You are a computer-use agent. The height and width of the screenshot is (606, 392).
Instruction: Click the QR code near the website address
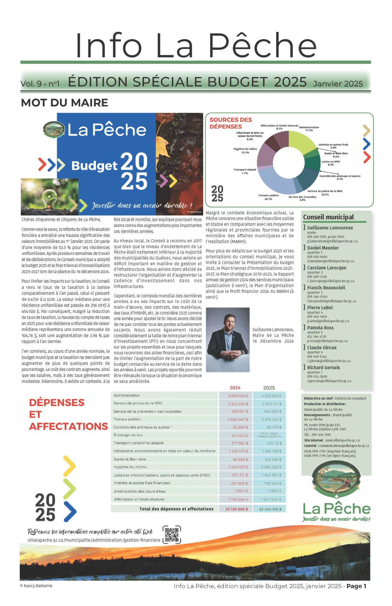[172, 534]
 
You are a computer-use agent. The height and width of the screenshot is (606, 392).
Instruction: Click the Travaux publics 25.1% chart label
[268, 197]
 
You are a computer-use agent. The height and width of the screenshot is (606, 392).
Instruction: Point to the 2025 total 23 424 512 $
[270, 509]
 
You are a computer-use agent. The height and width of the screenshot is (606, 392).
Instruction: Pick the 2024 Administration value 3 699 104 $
[238, 395]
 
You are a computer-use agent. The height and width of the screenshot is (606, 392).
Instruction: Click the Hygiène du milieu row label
[130, 467]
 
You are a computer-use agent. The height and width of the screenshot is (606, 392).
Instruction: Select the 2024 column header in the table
[235, 388]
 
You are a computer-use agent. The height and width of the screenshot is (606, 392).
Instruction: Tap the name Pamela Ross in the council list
[320, 328]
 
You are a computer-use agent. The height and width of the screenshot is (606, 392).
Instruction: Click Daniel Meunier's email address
[330, 261]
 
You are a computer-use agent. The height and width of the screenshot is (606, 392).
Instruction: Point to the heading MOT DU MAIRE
[64, 103]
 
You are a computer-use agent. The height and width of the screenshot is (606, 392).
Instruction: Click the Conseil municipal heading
[328, 217]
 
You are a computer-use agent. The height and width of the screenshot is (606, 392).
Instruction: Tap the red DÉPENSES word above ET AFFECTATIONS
[57, 402]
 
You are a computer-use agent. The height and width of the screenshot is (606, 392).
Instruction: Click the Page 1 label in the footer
[356, 586]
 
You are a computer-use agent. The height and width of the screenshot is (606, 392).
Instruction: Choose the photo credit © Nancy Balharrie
[36, 586]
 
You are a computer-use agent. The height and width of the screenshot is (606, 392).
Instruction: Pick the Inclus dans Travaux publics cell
[269, 435]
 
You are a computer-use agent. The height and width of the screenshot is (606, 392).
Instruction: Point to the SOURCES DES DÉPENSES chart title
[230, 123]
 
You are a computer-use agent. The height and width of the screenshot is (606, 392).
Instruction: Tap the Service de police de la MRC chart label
[325, 193]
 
